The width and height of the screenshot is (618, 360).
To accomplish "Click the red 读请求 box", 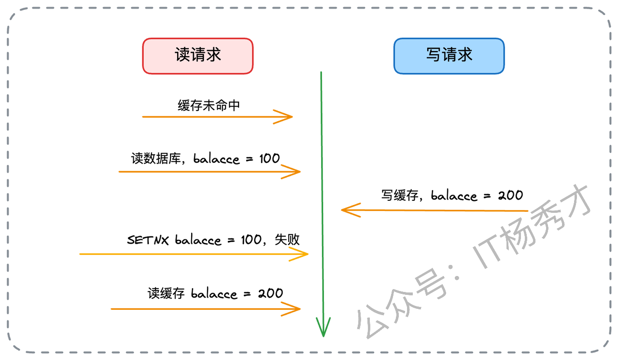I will [x=198, y=55].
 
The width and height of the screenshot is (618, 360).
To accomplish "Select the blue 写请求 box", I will [x=449, y=55].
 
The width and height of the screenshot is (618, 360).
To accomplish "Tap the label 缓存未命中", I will [x=209, y=106].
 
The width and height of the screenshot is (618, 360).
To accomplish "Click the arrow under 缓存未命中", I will [x=217, y=117].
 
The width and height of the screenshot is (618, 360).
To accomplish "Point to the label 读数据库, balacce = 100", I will [x=205, y=158].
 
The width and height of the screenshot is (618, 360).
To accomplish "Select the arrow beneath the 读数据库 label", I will [x=210, y=171].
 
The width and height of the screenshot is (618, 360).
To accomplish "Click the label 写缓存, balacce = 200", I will [x=452, y=195].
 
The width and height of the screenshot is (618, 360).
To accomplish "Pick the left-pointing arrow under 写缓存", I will [x=435, y=210].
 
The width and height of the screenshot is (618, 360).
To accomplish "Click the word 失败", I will [x=287, y=239].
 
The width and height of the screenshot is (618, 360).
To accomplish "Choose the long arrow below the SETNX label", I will [x=193, y=254].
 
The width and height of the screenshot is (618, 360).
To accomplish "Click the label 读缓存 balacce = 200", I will [x=215, y=293].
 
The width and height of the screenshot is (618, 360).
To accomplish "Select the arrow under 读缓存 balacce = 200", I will [x=206, y=309].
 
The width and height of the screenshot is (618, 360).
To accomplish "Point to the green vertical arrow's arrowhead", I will [x=323, y=328].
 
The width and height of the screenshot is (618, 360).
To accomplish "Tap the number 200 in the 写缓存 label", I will [x=510, y=195].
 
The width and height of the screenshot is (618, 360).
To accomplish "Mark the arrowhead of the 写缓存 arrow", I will [x=349, y=210].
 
